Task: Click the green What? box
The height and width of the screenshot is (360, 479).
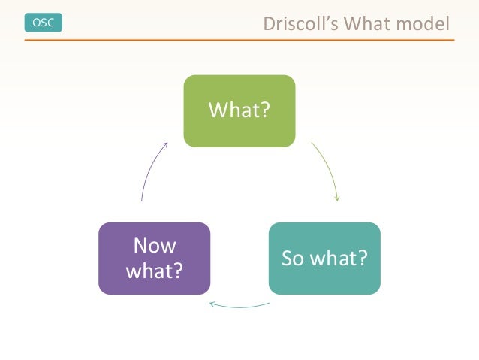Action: click(x=239, y=110)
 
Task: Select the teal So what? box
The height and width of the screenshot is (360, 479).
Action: click(x=324, y=258)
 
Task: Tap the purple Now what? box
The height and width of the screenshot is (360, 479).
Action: click(x=154, y=258)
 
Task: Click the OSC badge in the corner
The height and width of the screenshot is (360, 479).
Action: click(x=44, y=23)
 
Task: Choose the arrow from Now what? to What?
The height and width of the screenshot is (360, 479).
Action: click(x=149, y=170)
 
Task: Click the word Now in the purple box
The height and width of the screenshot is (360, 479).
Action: click(x=154, y=246)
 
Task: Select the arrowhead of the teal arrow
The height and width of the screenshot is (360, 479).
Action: click(x=212, y=304)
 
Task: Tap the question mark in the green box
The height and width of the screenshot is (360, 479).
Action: click(x=267, y=110)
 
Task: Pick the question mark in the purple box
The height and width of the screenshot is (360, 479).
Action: click(x=177, y=270)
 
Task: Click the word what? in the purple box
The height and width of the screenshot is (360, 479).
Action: click(x=154, y=270)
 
